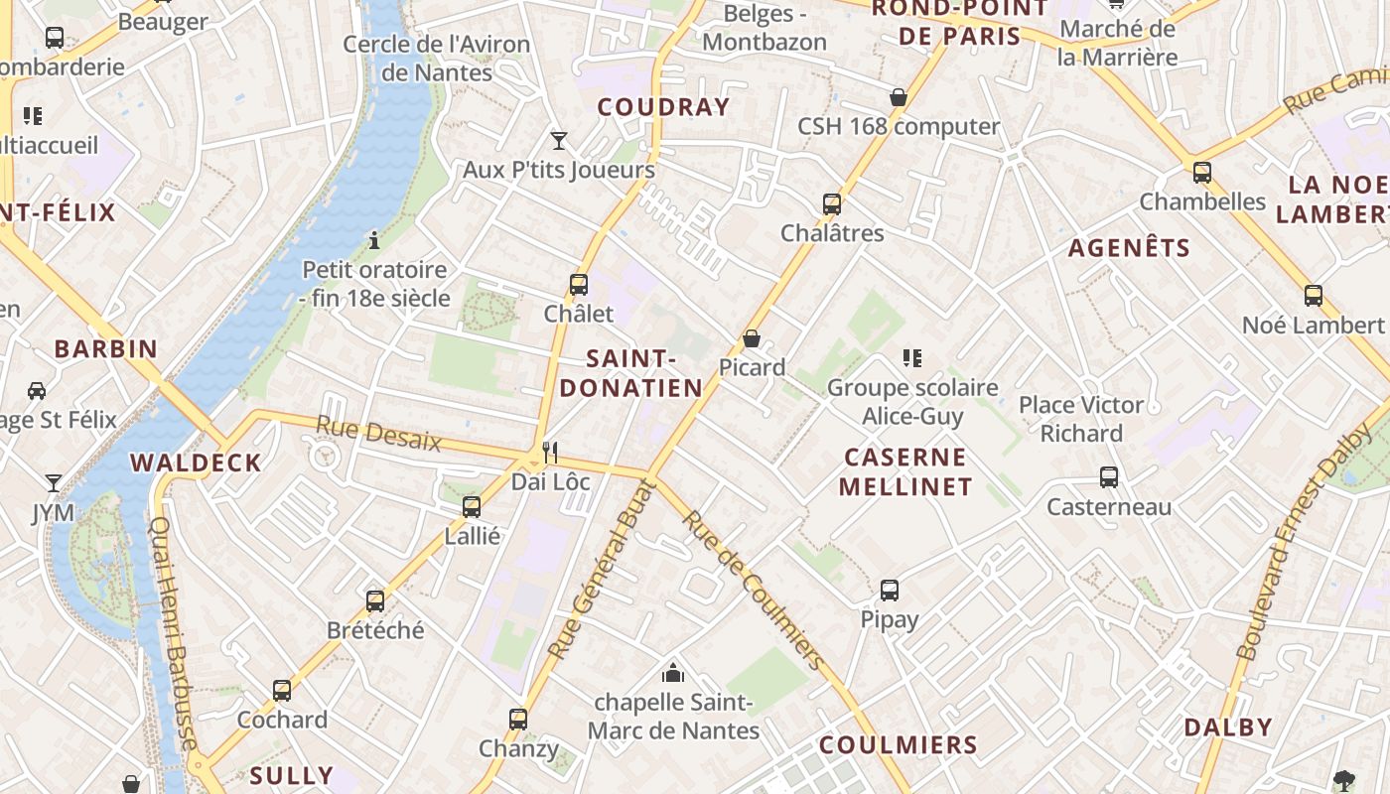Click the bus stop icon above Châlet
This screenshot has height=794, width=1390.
[x=579, y=285]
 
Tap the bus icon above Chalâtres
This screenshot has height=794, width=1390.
[x=832, y=204]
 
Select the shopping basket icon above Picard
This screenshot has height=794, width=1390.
[x=752, y=338]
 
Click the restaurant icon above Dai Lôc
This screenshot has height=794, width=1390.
[x=550, y=453]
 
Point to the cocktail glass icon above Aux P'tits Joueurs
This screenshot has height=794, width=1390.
[x=559, y=141]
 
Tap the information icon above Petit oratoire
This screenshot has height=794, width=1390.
[x=374, y=240]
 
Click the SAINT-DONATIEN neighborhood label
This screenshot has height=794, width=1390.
[x=631, y=373]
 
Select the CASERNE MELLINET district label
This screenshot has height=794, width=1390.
[x=904, y=471]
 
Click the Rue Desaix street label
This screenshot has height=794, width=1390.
[x=378, y=434]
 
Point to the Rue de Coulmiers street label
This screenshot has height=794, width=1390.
[x=754, y=590]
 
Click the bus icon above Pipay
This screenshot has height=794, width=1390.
[x=890, y=591]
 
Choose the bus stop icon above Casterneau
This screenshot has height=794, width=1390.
[x=1109, y=477]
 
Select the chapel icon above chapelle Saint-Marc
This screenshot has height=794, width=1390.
[x=673, y=673]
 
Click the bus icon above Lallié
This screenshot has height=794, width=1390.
[x=472, y=507]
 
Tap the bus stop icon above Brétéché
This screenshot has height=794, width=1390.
[x=375, y=600]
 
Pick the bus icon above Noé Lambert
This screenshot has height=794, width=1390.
[x=1314, y=296]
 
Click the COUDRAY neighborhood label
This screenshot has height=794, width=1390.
[x=664, y=107]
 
